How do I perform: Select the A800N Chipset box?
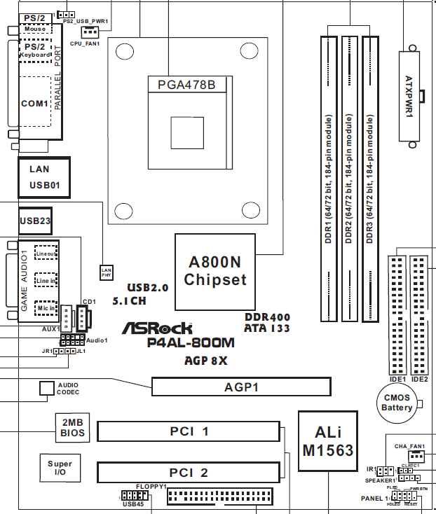(x=214, y=271)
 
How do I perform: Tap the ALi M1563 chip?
(x=327, y=440)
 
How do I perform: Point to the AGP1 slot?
(x=242, y=387)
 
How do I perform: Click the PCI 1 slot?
(x=189, y=431)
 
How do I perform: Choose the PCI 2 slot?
(x=189, y=473)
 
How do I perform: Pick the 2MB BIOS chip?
(x=72, y=428)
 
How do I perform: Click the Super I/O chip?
(x=60, y=468)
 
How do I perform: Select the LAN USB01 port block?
(x=44, y=177)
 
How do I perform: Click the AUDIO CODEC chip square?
(x=47, y=388)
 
